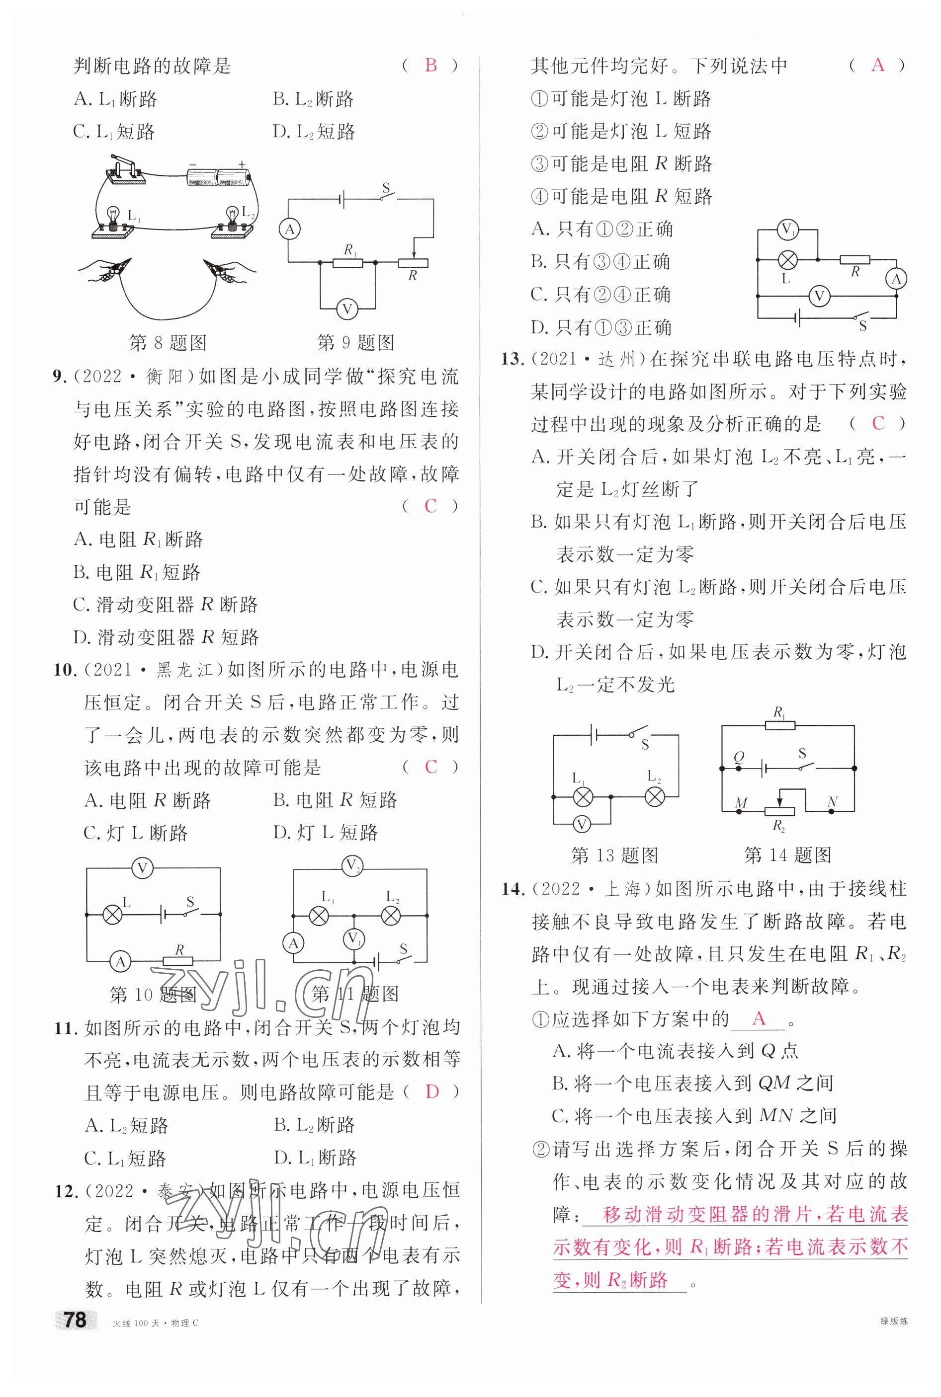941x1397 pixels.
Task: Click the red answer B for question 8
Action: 430,65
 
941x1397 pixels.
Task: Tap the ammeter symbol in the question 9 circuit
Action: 290,229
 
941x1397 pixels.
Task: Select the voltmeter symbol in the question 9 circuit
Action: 347,309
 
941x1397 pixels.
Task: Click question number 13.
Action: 513,359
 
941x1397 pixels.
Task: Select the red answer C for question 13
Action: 878,423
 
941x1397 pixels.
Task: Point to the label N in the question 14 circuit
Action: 832,802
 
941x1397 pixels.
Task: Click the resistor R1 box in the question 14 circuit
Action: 779,725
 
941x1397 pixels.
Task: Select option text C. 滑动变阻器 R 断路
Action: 166,604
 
